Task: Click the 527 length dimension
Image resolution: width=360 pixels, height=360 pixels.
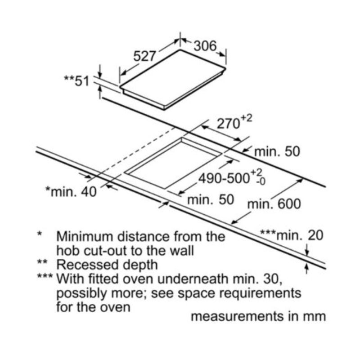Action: coord(145,56)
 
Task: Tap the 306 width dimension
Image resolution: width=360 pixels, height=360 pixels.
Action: coord(205,45)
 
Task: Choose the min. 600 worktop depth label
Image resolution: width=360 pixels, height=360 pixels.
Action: coord(274,204)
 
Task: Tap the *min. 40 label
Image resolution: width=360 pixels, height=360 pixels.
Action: coord(71,192)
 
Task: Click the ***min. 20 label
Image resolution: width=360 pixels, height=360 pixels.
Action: coord(292,234)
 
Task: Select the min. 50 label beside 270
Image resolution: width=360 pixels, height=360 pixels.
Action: coord(277,151)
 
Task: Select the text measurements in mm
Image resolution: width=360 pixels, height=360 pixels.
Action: coord(258,316)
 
